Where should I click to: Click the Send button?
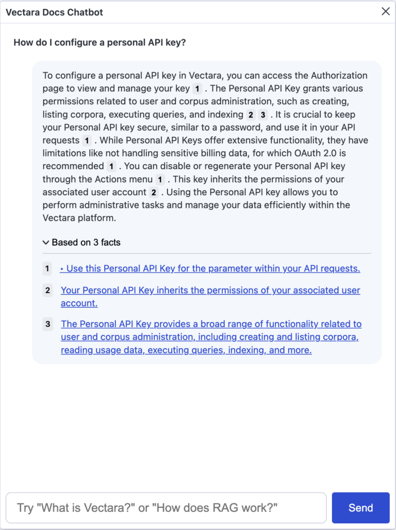[360, 508]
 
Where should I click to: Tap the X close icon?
[385, 11]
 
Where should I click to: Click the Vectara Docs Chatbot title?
[54, 12]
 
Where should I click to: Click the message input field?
[166, 508]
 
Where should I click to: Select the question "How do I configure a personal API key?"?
[100, 42]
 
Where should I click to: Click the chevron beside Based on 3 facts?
[46, 242]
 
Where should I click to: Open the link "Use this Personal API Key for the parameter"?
[210, 268]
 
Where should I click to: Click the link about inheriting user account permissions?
[210, 290]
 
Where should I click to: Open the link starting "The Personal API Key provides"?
[211, 324]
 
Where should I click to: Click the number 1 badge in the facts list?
[47, 268]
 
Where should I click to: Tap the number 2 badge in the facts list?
[47, 290]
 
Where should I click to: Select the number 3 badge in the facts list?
[47, 324]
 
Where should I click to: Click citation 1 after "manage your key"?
[197, 89]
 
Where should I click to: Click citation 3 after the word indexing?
[263, 115]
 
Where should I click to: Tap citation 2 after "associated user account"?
[153, 192]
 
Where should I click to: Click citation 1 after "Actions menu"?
[160, 180]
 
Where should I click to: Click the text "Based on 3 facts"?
[86, 242]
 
